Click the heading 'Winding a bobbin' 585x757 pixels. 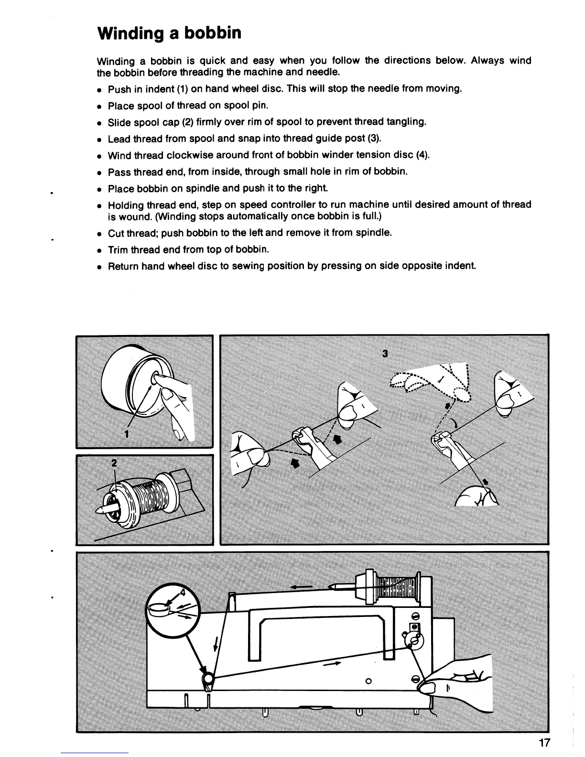pyautogui.click(x=169, y=33)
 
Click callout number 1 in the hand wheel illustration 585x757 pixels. pyautogui.click(x=127, y=433)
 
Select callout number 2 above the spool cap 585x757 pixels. pyautogui.click(x=113, y=463)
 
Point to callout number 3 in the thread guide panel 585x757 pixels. pyautogui.click(x=385, y=354)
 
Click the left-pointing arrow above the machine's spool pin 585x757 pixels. pyautogui.click(x=301, y=586)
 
